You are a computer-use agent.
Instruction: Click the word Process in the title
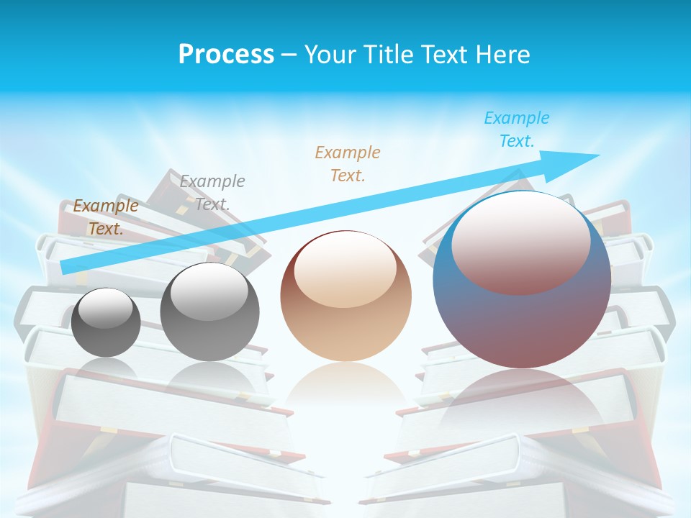point(226,55)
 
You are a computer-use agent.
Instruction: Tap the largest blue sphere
point(522,317)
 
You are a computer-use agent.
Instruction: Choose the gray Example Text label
point(212,193)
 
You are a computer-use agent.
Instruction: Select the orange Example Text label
point(348,164)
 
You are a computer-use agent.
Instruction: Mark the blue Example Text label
point(516,129)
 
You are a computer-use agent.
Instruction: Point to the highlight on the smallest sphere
point(105,309)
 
